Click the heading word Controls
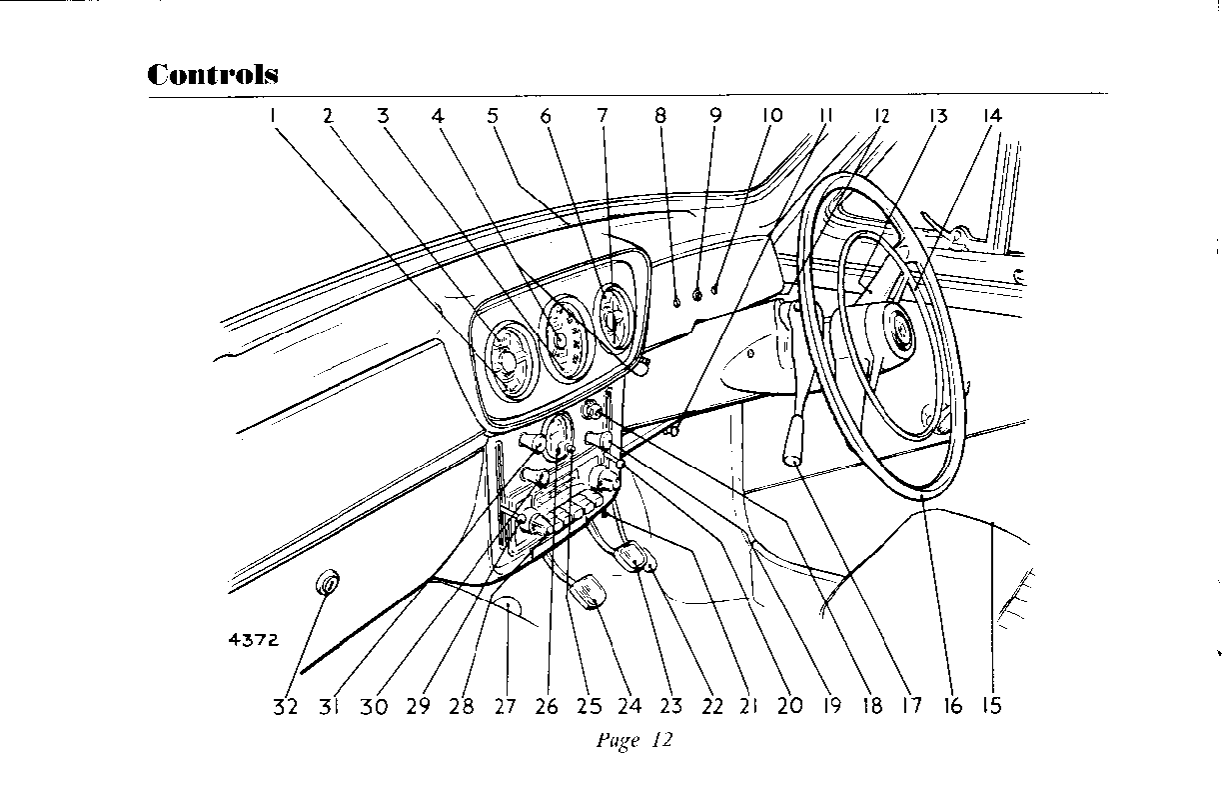(212, 75)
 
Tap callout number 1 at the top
(272, 115)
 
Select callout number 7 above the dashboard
(602, 115)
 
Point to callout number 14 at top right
(991, 115)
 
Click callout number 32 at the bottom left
(285, 706)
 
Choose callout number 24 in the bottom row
(628, 706)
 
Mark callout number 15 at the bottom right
(990, 706)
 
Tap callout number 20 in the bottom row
(789, 706)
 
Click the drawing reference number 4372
(252, 640)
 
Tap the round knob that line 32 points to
(327, 582)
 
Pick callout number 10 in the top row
(771, 115)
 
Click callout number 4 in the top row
(438, 115)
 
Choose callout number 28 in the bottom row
(461, 706)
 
